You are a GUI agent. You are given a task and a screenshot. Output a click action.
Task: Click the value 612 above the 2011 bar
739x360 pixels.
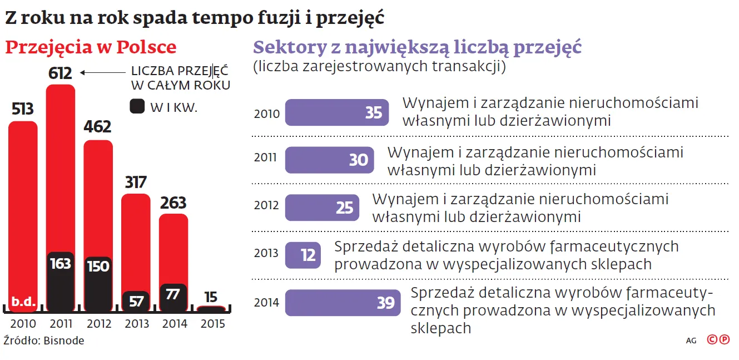[60, 73]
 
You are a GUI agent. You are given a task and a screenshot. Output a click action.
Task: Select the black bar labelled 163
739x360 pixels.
[60, 281]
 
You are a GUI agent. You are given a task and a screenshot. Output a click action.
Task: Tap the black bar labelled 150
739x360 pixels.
[98, 284]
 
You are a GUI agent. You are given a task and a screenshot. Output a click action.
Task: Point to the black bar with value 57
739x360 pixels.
[136, 301]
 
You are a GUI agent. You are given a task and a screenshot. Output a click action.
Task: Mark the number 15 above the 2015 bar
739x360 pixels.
[210, 297]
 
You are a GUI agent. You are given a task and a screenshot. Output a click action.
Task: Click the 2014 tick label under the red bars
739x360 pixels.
[173, 324]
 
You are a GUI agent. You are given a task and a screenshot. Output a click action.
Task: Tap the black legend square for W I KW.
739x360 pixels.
[137, 107]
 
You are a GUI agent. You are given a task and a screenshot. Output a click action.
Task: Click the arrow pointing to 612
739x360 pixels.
[103, 72]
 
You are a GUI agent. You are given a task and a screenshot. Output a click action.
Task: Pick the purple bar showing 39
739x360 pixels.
[342, 303]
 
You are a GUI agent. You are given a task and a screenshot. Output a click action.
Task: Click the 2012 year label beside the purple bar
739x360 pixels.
[266, 205]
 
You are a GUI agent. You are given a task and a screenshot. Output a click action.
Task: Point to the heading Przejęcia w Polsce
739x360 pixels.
[91, 47]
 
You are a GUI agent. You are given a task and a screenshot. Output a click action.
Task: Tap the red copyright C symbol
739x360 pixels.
[712, 339]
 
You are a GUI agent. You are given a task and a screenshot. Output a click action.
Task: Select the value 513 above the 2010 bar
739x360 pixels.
[23, 109]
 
